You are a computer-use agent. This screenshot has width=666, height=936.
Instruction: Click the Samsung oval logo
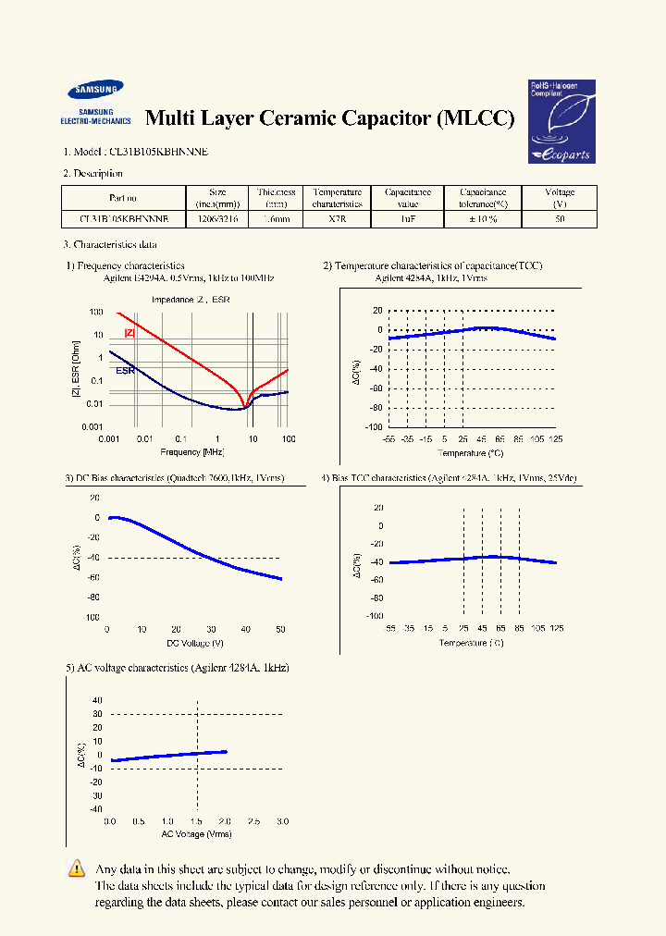[95, 91]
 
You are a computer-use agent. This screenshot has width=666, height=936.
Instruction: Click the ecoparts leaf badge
[561, 121]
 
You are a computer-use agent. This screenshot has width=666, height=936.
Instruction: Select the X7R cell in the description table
[337, 220]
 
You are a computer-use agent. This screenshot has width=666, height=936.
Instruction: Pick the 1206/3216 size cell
[216, 220]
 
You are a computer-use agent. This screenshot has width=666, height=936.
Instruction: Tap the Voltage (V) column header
[560, 198]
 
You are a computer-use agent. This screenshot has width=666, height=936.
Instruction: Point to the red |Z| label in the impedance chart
[129, 333]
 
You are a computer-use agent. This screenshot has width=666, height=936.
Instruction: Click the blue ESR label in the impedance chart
[125, 371]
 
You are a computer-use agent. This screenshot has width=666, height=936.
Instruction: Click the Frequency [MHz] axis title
[192, 451]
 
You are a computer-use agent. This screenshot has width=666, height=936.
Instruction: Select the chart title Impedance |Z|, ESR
[191, 300]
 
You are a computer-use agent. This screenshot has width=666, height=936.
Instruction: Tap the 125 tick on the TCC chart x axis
[555, 438]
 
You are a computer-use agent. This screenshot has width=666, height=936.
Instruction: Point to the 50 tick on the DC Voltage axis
[280, 629]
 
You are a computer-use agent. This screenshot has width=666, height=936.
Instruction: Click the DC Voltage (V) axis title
[194, 642]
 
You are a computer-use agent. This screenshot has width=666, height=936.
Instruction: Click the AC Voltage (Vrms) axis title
[195, 834]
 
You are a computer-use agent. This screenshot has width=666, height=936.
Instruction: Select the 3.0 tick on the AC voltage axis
[282, 821]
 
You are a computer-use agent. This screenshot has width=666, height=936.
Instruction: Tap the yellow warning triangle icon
[77, 868]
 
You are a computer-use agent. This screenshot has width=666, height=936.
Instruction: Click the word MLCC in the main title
[475, 118]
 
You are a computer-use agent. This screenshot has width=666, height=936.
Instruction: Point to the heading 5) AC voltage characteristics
[177, 667]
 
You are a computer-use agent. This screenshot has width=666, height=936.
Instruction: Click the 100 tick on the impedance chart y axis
[96, 313]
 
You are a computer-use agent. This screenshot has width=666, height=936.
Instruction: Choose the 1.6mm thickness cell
[277, 220]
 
